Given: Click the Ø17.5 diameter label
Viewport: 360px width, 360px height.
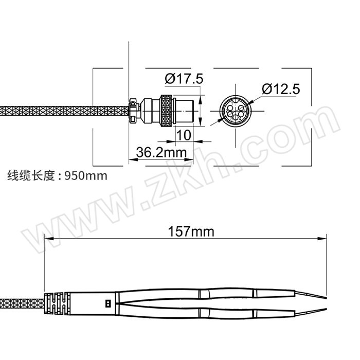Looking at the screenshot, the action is point(184,79).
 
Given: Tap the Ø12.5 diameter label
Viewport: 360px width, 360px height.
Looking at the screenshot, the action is point(281,89).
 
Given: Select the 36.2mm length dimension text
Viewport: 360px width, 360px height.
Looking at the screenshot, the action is point(161,152).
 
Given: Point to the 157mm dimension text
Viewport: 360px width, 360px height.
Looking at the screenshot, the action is point(191,231).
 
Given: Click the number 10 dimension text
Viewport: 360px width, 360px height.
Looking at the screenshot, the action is point(184,135).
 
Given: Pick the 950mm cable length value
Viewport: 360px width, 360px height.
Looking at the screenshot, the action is point(86,176).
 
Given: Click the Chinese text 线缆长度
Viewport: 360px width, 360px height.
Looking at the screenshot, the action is point(31,176).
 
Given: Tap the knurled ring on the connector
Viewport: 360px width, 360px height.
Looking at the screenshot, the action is point(166,111).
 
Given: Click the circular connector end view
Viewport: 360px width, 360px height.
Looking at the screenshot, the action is point(236,111).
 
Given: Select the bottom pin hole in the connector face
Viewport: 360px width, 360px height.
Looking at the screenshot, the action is point(236,118).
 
